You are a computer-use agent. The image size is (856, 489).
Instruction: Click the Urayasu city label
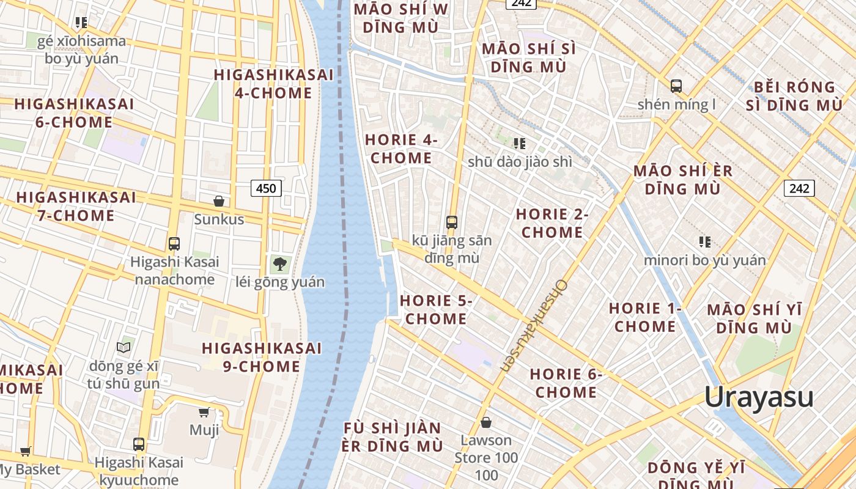pos(758,397)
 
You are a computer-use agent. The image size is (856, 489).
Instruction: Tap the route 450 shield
pos(266,188)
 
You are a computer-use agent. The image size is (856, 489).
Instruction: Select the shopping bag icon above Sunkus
pos(218,201)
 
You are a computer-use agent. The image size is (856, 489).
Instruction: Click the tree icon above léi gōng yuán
pos(280,264)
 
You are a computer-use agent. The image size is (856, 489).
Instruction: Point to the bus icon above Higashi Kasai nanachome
pos(174,244)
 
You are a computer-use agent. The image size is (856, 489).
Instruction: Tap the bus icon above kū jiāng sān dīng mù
pos(452,222)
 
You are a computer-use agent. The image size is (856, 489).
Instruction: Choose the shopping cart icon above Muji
pos(204,413)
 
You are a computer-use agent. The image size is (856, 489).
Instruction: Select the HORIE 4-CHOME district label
pos(401,149)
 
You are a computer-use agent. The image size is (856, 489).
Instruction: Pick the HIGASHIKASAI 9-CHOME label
pos(261,357)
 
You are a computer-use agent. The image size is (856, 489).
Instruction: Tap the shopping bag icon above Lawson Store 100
pos(486,422)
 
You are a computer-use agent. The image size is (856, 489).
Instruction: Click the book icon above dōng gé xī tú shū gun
pos(124,347)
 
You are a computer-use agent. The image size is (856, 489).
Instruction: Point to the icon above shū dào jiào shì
pos(520,144)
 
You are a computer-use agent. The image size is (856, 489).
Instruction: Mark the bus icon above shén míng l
pos(676,86)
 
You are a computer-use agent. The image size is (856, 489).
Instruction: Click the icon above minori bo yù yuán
pos(705,242)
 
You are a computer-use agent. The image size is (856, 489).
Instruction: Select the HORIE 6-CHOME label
pos(566,383)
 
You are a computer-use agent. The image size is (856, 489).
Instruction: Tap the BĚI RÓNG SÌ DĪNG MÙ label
pos(794,96)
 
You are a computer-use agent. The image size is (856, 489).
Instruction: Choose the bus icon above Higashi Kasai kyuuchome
pos(139,444)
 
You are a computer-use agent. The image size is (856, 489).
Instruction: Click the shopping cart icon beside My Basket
pos(25,452)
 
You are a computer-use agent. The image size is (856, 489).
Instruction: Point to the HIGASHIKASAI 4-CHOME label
pos(273,84)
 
